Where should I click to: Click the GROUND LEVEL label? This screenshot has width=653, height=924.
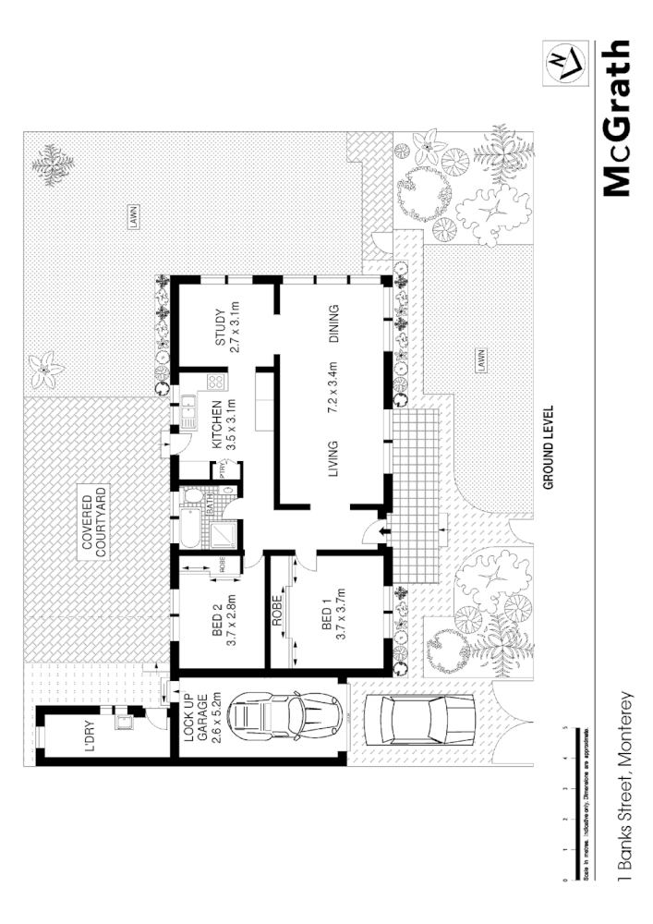pos(548,447)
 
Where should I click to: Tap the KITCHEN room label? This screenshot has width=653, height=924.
pos(218,425)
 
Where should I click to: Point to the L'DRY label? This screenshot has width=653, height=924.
pos(90,736)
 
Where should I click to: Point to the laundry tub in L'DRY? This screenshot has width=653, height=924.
pos(121,722)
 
